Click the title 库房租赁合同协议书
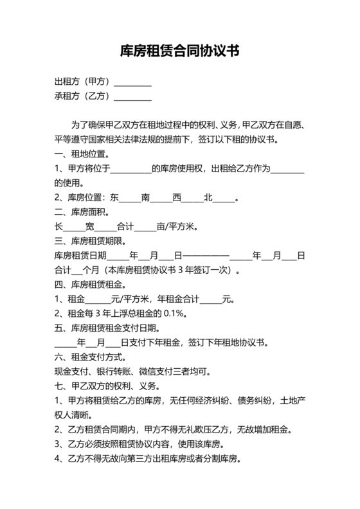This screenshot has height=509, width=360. [x=180, y=51]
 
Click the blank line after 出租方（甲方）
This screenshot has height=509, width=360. [x=132, y=82]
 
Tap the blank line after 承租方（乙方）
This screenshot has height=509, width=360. [x=132, y=97]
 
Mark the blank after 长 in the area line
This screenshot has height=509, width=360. [x=73, y=227]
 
